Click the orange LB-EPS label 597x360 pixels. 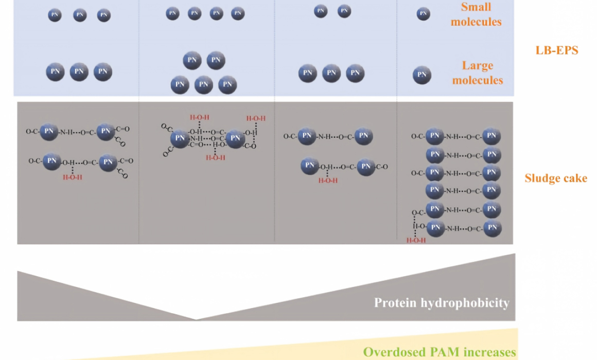(x=557, y=50)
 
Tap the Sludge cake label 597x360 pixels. (x=556, y=178)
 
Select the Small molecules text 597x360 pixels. (x=476, y=14)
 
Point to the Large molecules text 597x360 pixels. (x=478, y=73)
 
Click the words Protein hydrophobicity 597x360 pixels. (x=442, y=302)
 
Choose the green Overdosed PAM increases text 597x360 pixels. (x=440, y=352)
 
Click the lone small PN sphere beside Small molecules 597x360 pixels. (x=423, y=14)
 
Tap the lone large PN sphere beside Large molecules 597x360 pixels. (x=422, y=75)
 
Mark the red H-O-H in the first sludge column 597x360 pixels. (x=73, y=177)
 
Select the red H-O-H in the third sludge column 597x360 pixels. (x=328, y=181)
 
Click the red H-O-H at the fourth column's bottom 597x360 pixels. (x=416, y=241)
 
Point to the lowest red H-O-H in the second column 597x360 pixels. (x=216, y=157)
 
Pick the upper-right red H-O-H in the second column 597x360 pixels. (x=256, y=118)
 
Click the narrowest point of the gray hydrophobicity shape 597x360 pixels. (x=196, y=319)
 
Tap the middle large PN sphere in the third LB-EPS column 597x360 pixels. (x=331, y=73)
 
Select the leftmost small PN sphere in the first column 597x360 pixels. (x=55, y=15)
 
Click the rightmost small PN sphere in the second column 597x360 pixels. (x=238, y=13)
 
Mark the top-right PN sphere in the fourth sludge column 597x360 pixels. (x=491, y=136)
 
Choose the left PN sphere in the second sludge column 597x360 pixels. (x=180, y=138)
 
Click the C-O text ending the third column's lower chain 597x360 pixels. (x=381, y=167)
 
